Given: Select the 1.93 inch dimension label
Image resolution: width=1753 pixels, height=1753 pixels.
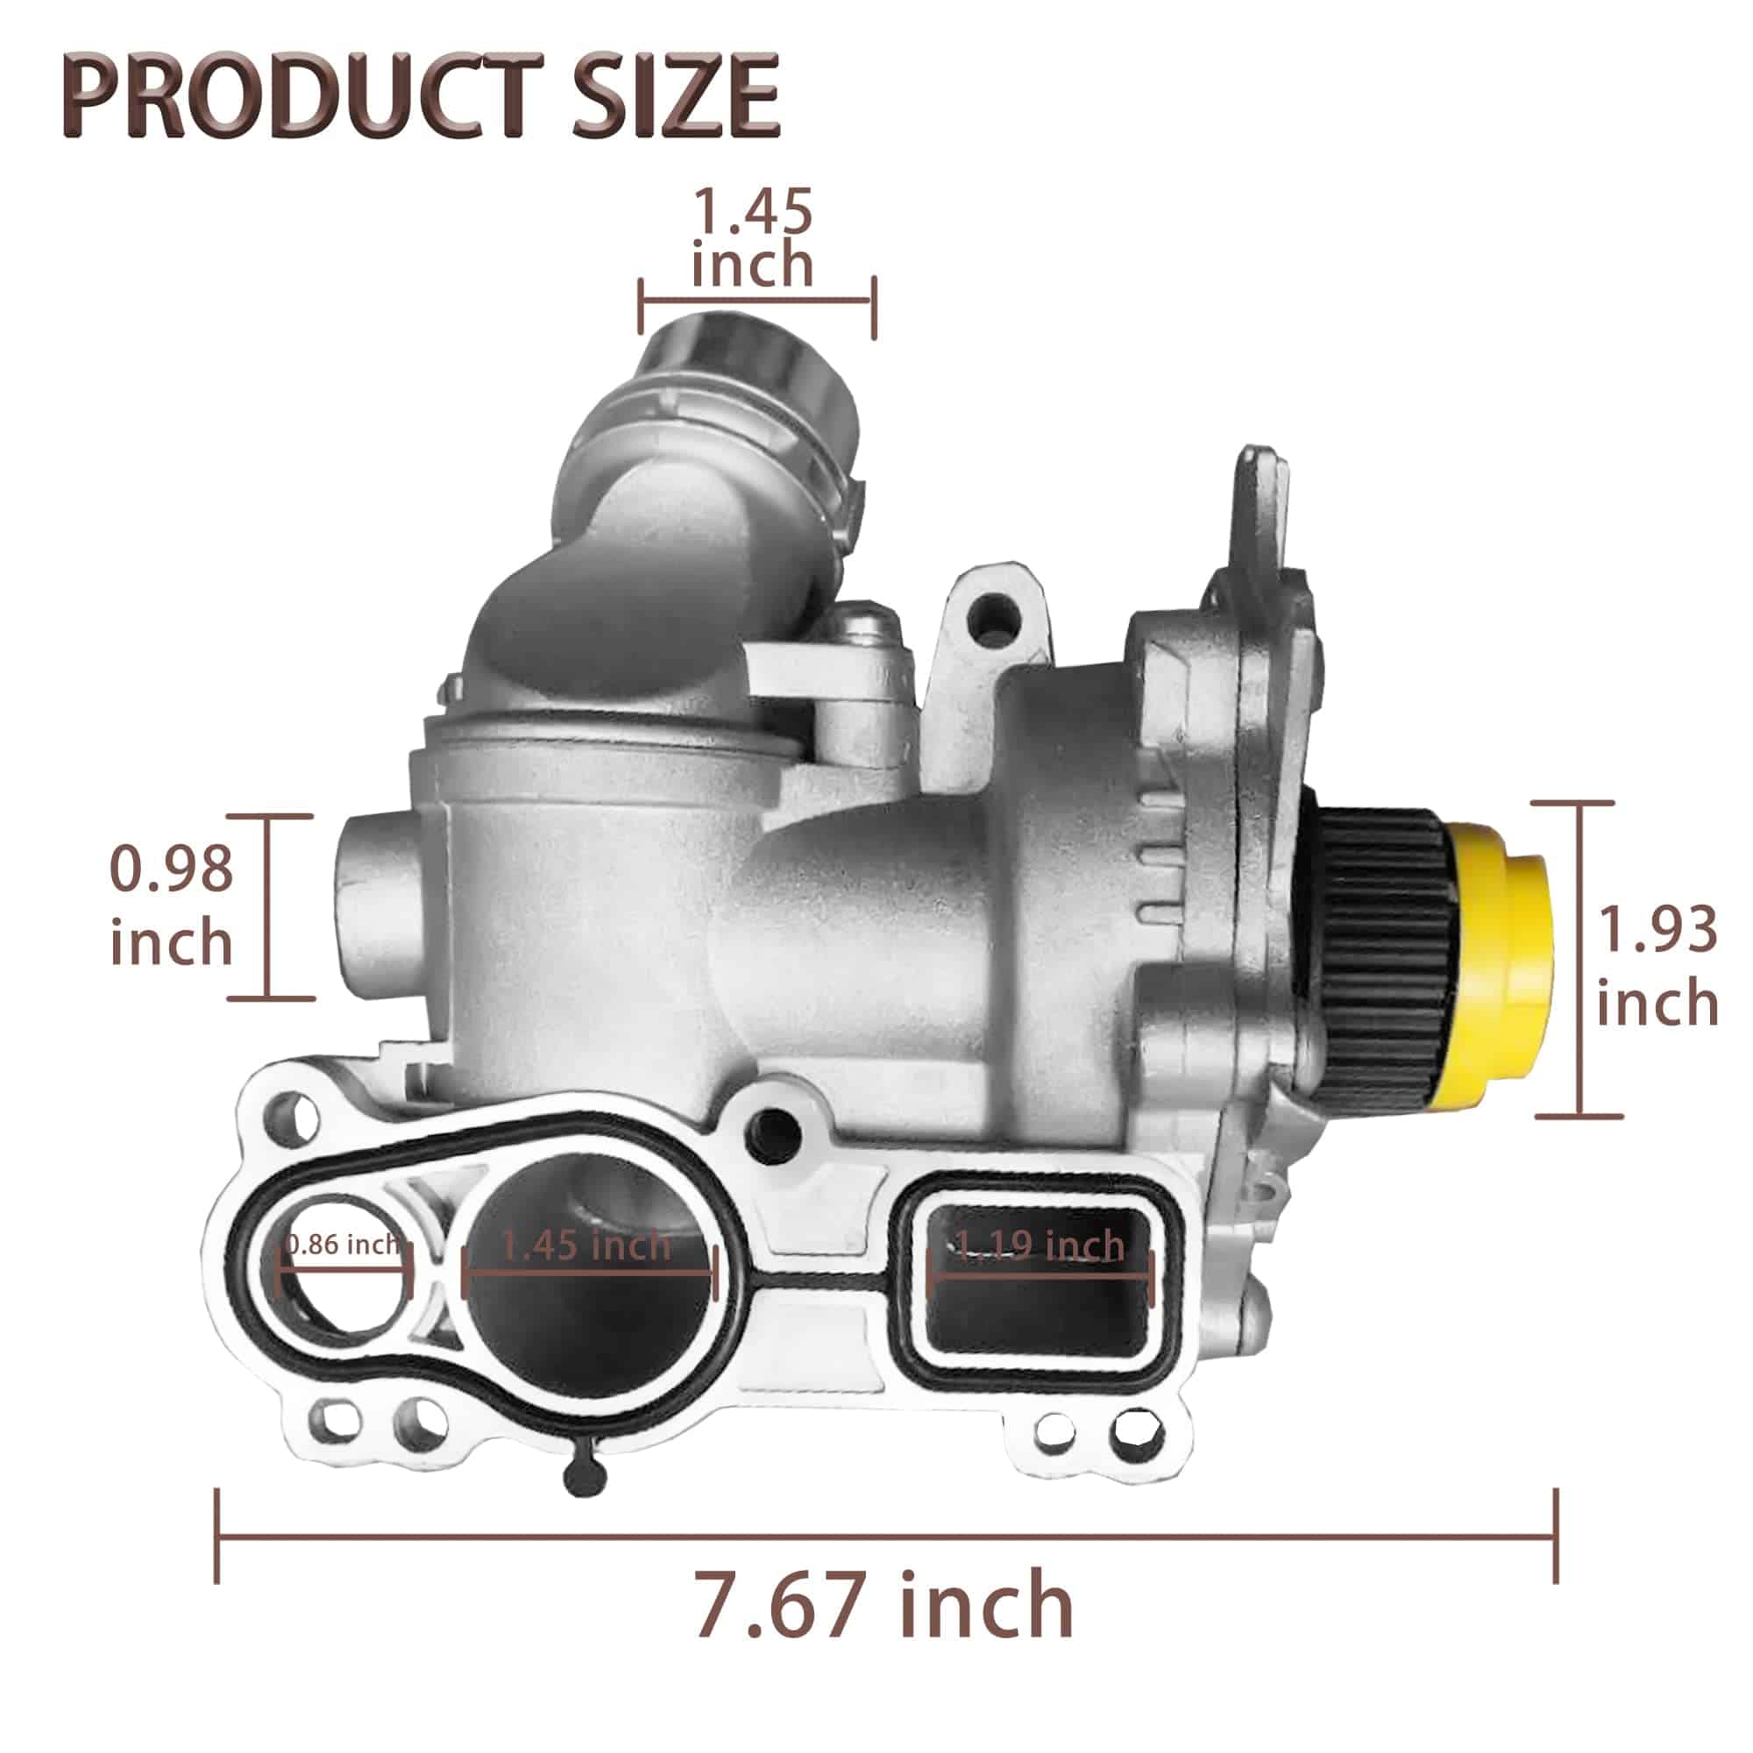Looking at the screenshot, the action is (x=1657, y=968).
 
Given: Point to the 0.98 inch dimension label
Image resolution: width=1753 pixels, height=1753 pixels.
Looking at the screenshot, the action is (x=172, y=906).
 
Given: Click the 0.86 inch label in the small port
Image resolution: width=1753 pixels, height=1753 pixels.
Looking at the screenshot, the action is (x=342, y=1245).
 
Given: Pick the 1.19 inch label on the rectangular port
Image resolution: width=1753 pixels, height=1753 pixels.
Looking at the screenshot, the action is (x=1040, y=1246).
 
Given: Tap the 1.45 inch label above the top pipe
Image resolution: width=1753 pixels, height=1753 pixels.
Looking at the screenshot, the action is (x=752, y=238).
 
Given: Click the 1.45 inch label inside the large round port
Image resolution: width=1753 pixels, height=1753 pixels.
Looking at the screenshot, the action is (x=586, y=1245).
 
